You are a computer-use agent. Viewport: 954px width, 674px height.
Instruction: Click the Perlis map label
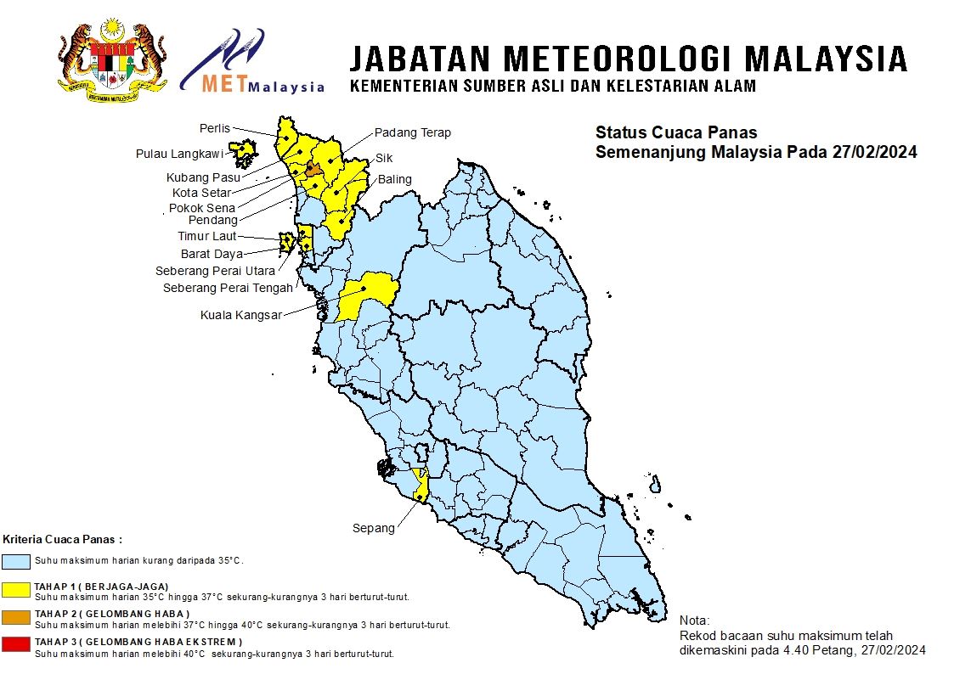click(215, 128)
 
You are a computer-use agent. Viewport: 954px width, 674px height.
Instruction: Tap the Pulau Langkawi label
click(179, 154)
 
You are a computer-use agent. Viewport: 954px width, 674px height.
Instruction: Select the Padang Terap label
click(413, 132)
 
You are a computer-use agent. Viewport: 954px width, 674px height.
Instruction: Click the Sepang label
click(374, 528)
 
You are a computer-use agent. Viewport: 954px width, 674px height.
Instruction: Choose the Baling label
click(395, 179)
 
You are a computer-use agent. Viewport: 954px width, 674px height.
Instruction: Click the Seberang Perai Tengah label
click(228, 288)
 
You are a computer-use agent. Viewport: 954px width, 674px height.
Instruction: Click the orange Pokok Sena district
click(313, 170)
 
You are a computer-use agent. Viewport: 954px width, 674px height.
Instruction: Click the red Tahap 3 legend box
click(17, 645)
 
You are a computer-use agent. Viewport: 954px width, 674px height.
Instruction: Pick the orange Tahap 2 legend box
click(17, 617)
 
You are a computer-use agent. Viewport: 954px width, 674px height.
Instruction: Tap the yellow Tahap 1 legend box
click(17, 589)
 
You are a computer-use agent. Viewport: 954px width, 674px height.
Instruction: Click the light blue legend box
click(17, 561)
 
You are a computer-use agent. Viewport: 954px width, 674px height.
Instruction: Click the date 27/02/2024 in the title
click(875, 153)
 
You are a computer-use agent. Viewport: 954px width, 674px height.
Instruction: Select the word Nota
click(695, 621)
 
